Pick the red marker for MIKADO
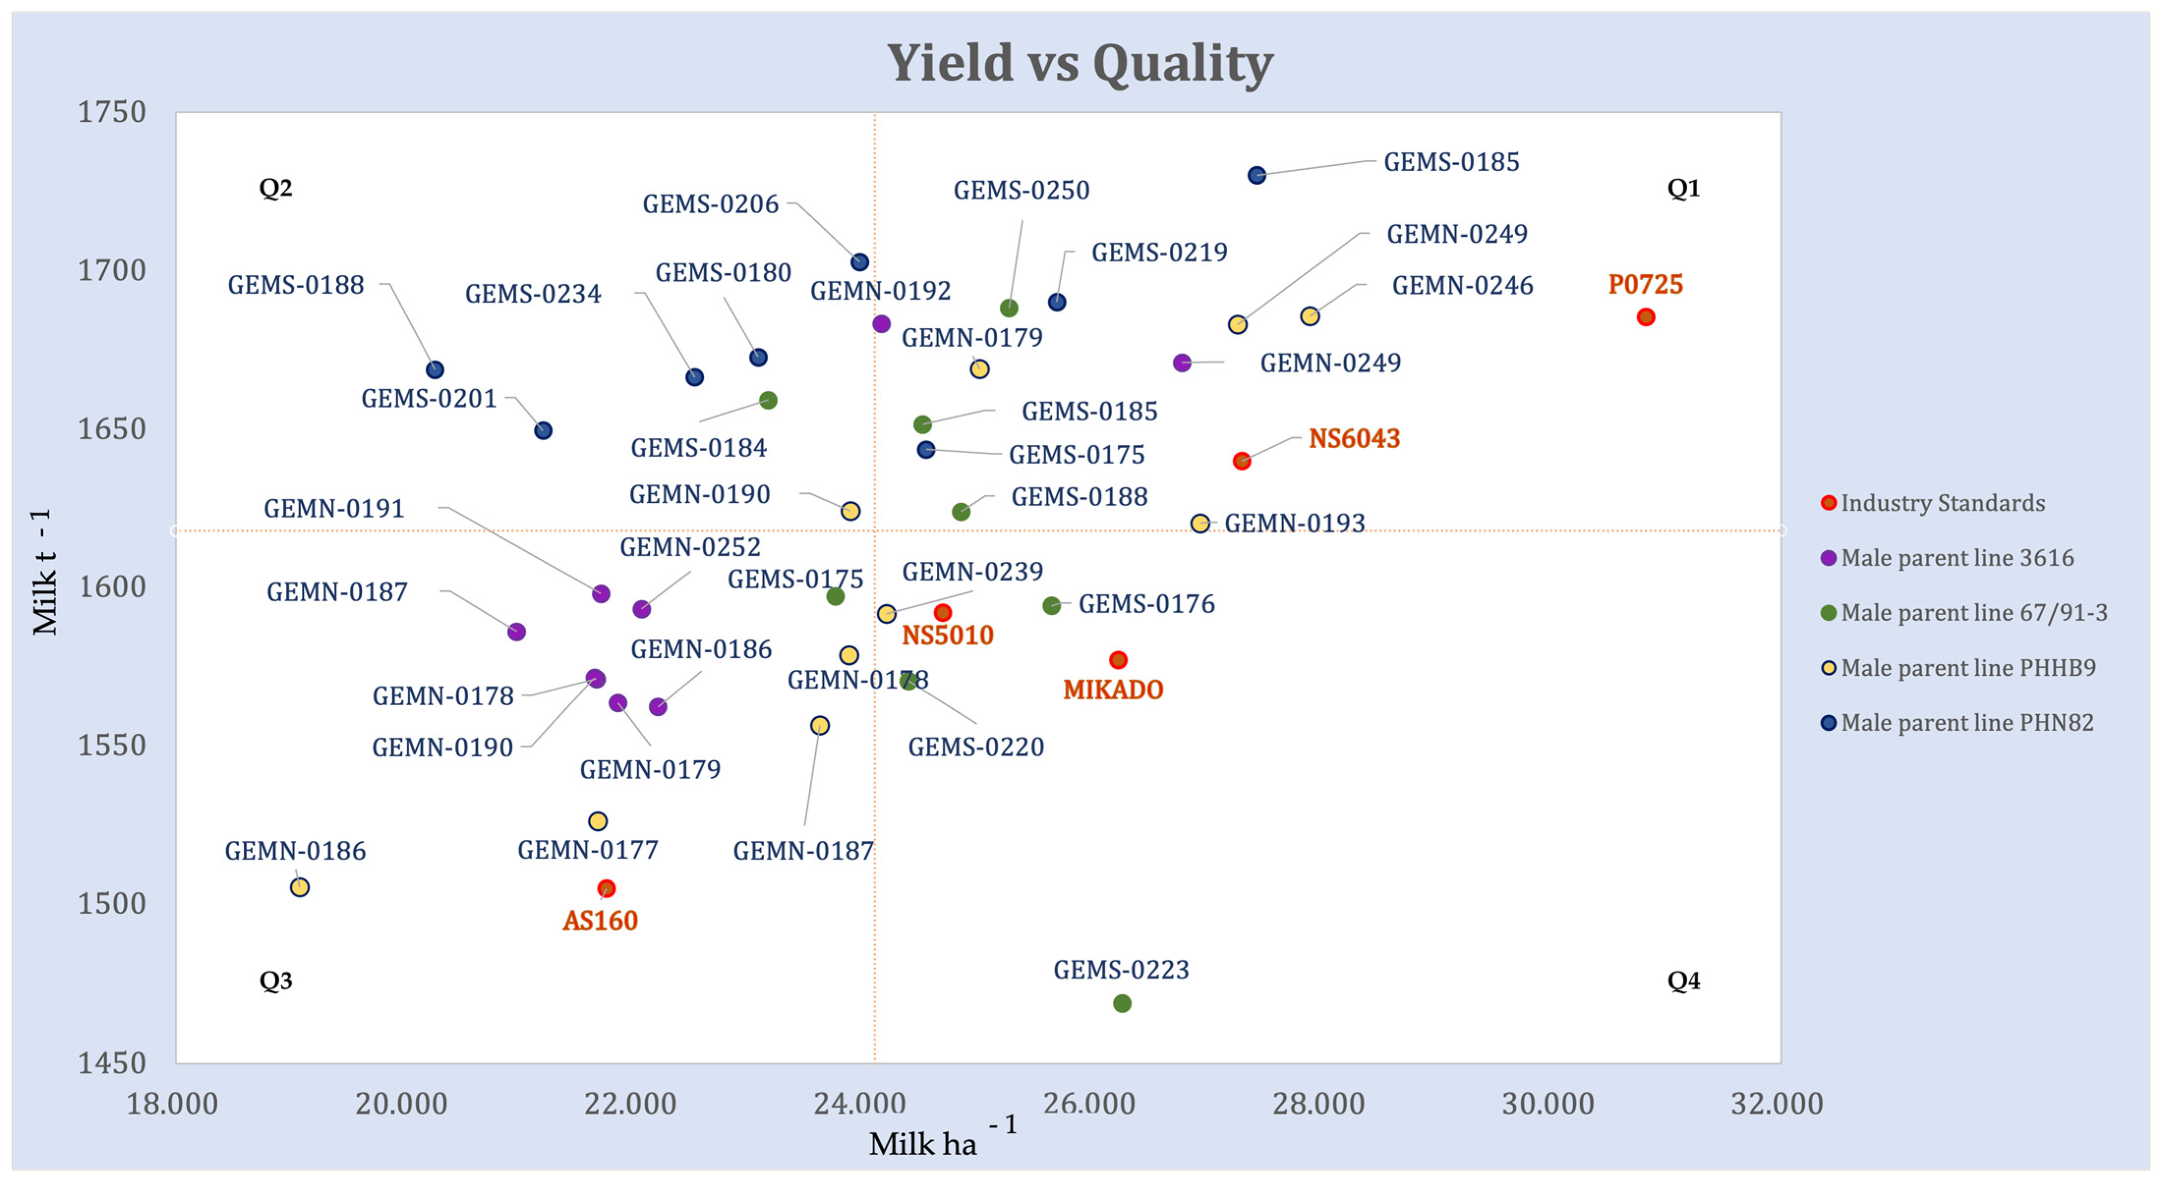click(1118, 660)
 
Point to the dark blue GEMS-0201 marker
click(543, 430)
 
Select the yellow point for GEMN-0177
click(597, 821)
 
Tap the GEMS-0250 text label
click(1021, 191)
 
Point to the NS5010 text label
click(947, 635)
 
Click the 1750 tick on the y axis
click(112, 112)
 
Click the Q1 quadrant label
click(1683, 188)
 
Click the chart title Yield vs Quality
click(1080, 63)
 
